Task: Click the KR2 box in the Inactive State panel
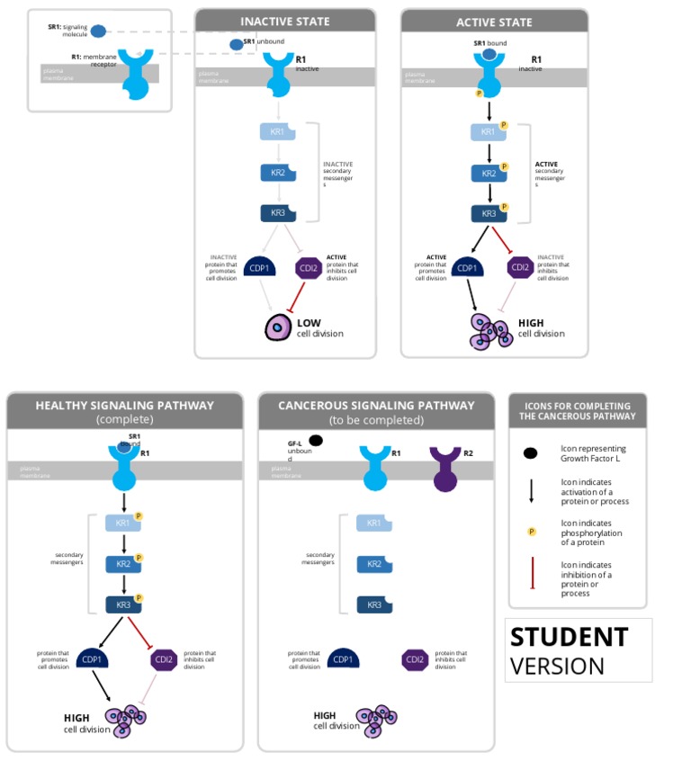[278, 173]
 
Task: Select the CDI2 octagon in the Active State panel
[520, 267]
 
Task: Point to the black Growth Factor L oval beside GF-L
[316, 441]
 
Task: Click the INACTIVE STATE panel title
[284, 22]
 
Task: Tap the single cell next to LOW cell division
[278, 328]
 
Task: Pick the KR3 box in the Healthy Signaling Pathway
[122, 604]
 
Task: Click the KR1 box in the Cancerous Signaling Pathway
[373, 524]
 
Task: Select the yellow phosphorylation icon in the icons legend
[532, 532]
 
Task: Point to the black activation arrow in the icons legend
[532, 489]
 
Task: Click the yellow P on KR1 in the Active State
[504, 126]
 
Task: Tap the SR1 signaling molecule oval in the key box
[98, 31]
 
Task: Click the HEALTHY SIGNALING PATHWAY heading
[125, 406]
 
